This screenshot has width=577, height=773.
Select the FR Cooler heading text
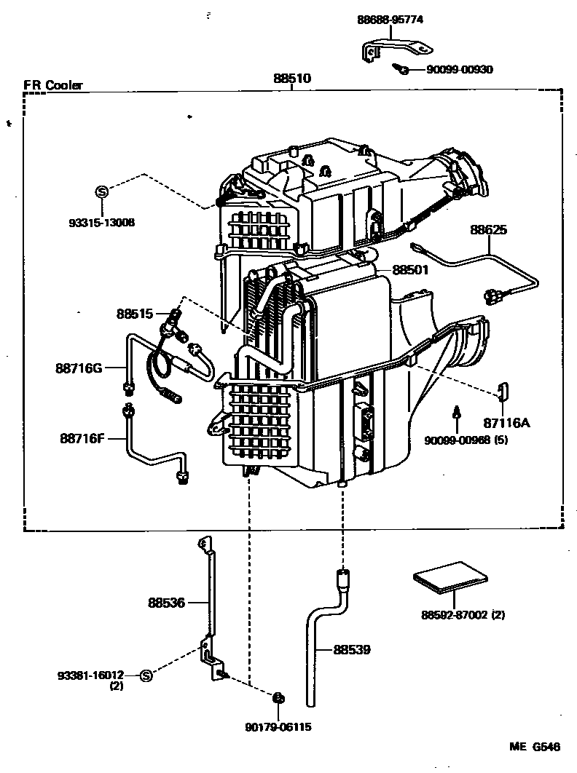pyautogui.click(x=53, y=85)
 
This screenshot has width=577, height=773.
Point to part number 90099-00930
pyautogui.click(x=460, y=70)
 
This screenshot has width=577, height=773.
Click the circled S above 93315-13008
pyautogui.click(x=102, y=191)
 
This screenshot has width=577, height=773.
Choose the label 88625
pyautogui.click(x=488, y=230)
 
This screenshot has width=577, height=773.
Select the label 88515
pyautogui.click(x=135, y=314)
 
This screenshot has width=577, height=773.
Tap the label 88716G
pyautogui.click(x=78, y=368)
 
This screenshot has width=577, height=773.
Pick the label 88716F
pyautogui.click(x=82, y=438)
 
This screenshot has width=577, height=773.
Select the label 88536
pyautogui.click(x=167, y=603)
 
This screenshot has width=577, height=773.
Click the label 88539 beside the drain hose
pyautogui.click(x=353, y=649)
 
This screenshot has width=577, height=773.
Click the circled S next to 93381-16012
pyautogui.click(x=146, y=675)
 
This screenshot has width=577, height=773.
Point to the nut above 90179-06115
pyautogui.click(x=277, y=699)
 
